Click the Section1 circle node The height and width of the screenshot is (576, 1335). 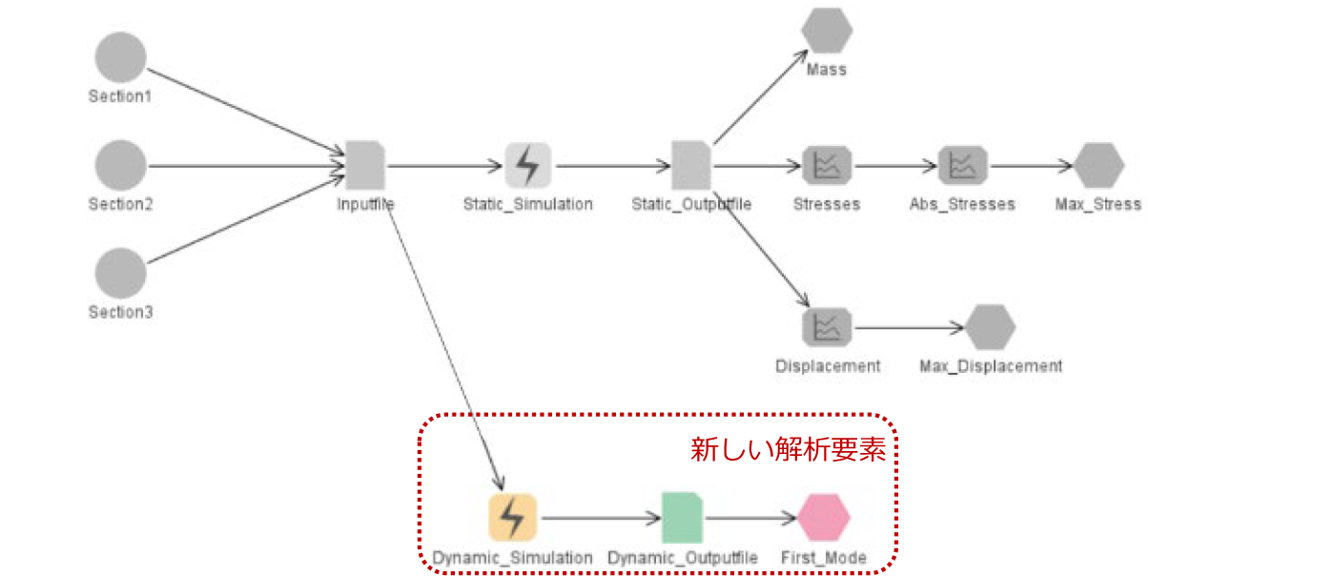point(120,57)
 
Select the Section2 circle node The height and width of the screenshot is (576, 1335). point(120,165)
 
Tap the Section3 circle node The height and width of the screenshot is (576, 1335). point(120,273)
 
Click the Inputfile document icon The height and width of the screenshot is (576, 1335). point(364,165)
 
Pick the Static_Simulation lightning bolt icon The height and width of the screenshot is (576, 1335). point(527,165)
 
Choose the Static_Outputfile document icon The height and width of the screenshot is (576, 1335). point(691,165)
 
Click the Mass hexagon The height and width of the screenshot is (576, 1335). point(826,31)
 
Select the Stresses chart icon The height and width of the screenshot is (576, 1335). point(826,165)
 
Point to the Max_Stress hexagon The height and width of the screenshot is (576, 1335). point(1099,165)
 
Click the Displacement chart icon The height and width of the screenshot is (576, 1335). point(826,327)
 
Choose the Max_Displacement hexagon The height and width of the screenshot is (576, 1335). point(990,327)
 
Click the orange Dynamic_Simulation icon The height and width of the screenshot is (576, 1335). point(512,518)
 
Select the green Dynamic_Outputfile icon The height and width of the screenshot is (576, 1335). point(682,518)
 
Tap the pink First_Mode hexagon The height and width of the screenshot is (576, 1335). point(824,518)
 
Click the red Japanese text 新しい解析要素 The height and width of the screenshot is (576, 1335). point(788,450)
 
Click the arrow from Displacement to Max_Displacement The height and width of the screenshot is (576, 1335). point(906,328)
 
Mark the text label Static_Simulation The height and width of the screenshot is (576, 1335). point(527,204)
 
